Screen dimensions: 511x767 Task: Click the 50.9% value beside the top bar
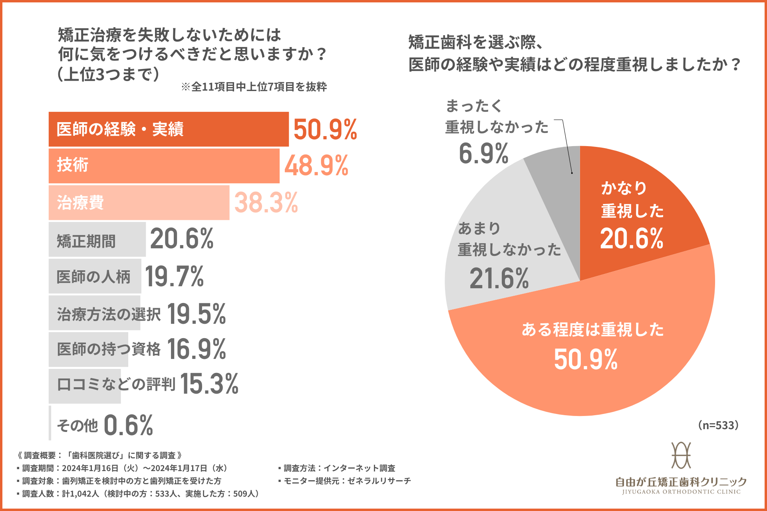click(x=325, y=129)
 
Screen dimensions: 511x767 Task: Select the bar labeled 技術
click(x=164, y=166)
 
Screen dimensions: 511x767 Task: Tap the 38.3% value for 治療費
click(x=266, y=202)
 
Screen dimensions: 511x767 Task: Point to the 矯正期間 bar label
click(x=86, y=241)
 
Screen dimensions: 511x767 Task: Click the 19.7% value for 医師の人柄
click(x=174, y=276)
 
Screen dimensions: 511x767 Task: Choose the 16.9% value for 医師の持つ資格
click(x=197, y=349)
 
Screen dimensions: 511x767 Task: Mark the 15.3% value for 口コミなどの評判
click(x=209, y=384)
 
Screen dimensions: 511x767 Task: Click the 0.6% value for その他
click(x=129, y=425)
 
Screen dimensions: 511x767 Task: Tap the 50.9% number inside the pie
click(x=586, y=359)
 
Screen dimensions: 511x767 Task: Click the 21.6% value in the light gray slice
click(x=499, y=278)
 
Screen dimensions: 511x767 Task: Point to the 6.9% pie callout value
click(x=483, y=153)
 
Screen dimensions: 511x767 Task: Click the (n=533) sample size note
click(x=718, y=425)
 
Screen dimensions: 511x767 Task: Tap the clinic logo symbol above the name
click(x=681, y=455)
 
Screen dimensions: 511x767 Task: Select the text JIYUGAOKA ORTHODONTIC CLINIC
click(x=681, y=492)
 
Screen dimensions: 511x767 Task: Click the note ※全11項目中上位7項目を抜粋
click(x=254, y=87)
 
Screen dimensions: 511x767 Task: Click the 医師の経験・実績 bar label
click(x=120, y=129)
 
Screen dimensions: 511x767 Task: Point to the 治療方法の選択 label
click(x=109, y=314)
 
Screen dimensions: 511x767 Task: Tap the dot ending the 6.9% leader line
click(x=572, y=173)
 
